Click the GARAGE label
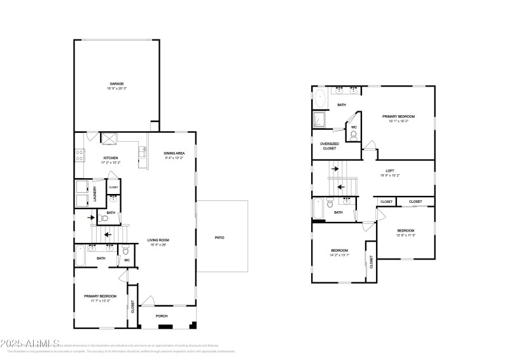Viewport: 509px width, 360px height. click(116, 83)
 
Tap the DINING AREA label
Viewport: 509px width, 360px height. click(174, 153)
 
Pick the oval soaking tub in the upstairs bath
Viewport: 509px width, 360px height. click(320, 99)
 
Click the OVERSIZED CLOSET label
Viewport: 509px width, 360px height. click(329, 146)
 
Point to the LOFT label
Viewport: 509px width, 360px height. click(389, 171)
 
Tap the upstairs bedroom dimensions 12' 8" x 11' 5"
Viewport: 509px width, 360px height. click(405, 235)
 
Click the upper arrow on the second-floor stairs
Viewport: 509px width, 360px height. click(335, 169)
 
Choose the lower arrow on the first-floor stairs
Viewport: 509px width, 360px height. click(107, 233)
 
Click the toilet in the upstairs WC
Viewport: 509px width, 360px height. click(353, 134)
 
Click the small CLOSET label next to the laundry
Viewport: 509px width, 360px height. click(113, 188)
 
